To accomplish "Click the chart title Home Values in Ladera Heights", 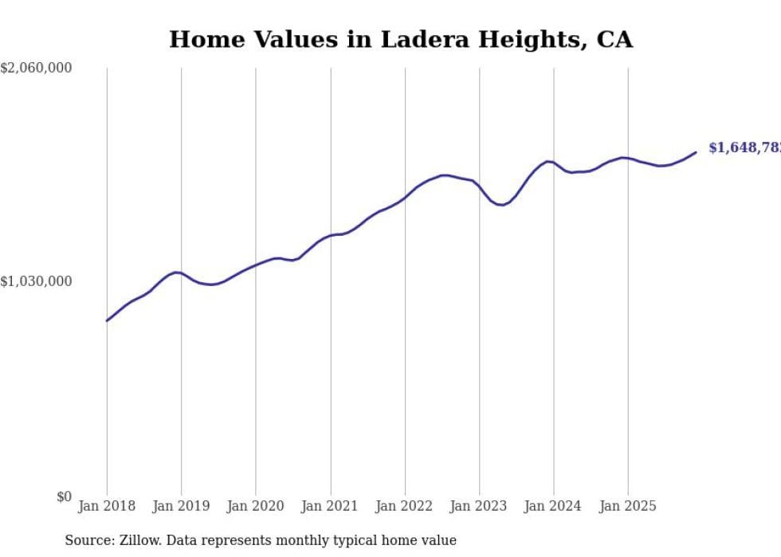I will click(401, 39).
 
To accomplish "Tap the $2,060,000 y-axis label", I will click(37, 69).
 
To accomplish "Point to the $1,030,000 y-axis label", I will click(37, 281).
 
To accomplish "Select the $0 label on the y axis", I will click(64, 496).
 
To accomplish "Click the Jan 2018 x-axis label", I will click(107, 506).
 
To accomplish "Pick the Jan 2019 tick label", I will click(181, 506).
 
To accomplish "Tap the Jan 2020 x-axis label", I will click(255, 506).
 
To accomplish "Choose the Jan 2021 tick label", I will click(330, 506).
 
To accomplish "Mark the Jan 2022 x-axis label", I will click(405, 506).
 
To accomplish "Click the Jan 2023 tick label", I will click(479, 506).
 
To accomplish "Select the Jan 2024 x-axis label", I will click(553, 506).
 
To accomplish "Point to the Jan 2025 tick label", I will click(628, 506).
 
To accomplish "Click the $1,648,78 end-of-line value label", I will click(744, 148).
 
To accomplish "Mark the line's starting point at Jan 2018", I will click(107, 320).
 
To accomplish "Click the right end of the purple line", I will click(696, 152).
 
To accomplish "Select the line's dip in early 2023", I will click(500, 205).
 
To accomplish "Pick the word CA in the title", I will click(614, 39).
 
